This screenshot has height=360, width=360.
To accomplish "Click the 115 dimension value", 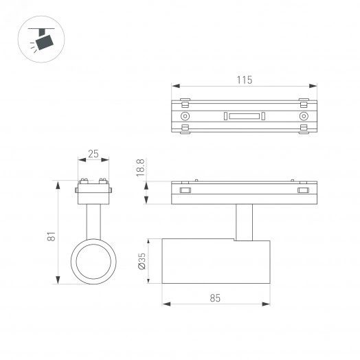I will [244, 80].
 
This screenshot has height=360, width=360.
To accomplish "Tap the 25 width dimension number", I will [93, 154].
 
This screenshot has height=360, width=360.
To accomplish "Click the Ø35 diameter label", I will [142, 262].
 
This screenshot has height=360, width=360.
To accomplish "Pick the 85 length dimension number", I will [216, 298].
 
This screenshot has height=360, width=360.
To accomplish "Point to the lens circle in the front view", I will [93, 262].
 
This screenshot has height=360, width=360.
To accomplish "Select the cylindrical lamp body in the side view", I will [216, 262].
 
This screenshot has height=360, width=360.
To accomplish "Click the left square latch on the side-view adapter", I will [184, 191].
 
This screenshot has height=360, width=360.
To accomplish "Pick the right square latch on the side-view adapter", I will [303, 191].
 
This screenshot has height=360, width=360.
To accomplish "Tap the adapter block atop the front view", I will [93, 193].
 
